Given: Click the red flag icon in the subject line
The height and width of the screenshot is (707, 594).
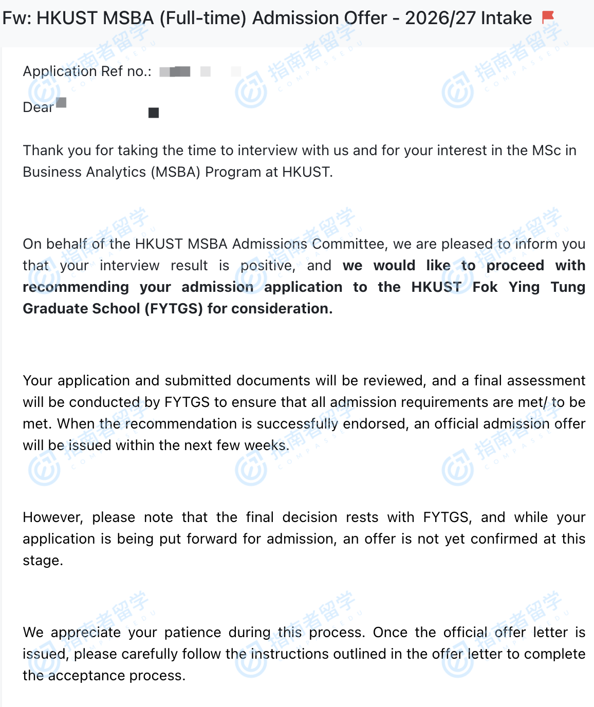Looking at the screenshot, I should (x=548, y=17).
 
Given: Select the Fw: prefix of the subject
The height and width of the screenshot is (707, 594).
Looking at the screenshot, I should (x=16, y=18).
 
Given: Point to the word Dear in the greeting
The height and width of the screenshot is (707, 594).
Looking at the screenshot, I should (x=38, y=107).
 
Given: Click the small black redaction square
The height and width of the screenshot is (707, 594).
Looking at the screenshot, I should (x=154, y=113).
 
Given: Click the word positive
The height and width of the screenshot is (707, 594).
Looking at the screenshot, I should (x=268, y=266).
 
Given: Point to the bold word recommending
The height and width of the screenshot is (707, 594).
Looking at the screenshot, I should (x=76, y=287).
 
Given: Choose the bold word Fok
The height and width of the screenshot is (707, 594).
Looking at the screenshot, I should (x=485, y=287).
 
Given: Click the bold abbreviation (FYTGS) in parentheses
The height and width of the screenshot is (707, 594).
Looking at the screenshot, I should (x=174, y=309).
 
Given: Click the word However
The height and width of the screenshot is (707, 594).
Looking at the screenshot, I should (x=53, y=517).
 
